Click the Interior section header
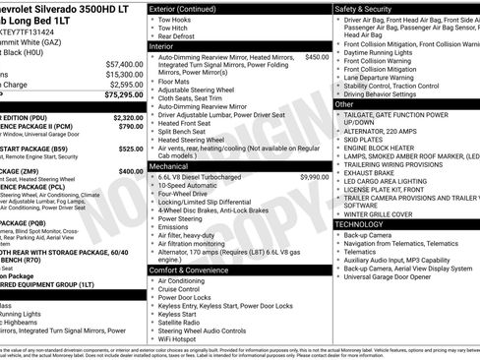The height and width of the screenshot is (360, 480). pos(161,45)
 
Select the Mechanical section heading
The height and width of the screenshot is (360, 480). pos(168,166)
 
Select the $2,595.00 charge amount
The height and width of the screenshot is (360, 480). pos(126,85)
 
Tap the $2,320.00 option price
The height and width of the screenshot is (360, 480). pos(128,117)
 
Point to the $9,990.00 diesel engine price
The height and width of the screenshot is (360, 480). pos(314,177)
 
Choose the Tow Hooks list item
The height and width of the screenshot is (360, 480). pos(175,19)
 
